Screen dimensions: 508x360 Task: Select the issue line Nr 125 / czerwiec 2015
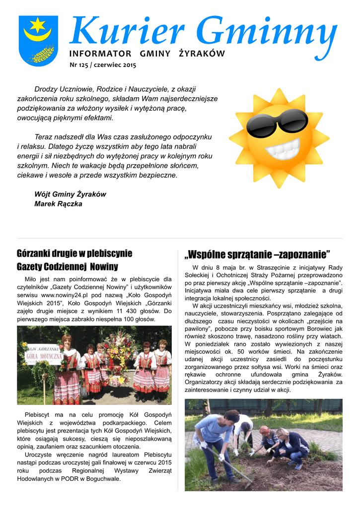[x=102, y=65]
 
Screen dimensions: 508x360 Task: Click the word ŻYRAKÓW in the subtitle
[x=202, y=54]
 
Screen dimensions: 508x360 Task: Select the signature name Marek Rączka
[x=58, y=204]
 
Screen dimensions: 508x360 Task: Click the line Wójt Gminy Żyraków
[x=70, y=194]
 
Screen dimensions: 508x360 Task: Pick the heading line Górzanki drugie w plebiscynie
[x=74, y=254]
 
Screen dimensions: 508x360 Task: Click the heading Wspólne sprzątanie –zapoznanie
[x=257, y=255]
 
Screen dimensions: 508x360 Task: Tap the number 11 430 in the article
[x=126, y=311]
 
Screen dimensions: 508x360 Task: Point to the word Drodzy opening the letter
[x=45, y=89]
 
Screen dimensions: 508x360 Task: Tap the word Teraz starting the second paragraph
[x=43, y=136]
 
